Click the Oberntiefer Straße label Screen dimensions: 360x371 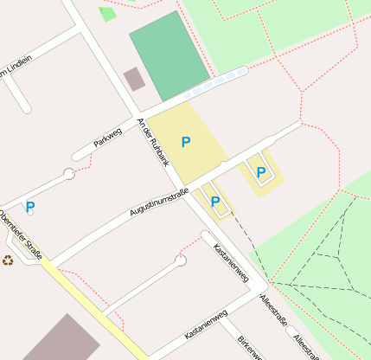(x=21, y=233)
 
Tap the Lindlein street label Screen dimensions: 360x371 (x=16, y=67)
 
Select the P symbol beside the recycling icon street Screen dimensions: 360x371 (x=30, y=207)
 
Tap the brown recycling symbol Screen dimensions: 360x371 (x=9, y=260)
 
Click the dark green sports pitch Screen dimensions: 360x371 (x=170, y=55)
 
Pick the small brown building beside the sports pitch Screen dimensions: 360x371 (x=134, y=80)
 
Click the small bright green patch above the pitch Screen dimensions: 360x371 (x=107, y=14)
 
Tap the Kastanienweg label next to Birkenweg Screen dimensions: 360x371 (x=206, y=325)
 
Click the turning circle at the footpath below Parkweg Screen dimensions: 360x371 (x=68, y=174)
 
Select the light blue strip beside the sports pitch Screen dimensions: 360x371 (x=216, y=82)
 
